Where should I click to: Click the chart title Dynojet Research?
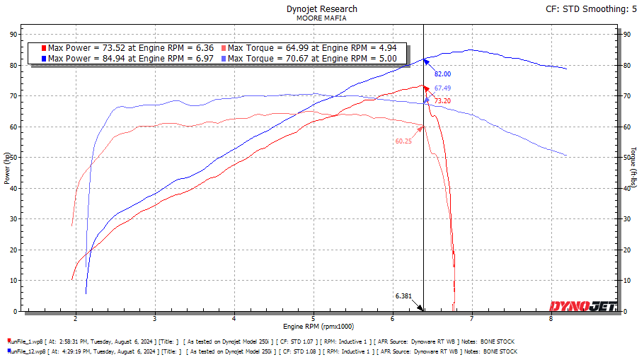[322, 9]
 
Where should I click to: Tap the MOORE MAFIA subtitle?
[322, 19]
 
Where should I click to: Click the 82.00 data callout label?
[442, 74]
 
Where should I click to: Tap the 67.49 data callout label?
[442, 88]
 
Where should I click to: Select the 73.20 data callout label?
[442, 101]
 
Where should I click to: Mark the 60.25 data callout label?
[403, 141]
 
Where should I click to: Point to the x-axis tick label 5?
[313, 319]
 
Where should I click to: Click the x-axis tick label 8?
[551, 319]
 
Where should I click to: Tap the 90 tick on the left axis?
[13, 34]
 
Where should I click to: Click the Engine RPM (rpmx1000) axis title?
[318, 327]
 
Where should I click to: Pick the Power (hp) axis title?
[6, 172]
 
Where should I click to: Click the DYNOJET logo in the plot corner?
[582, 306]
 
